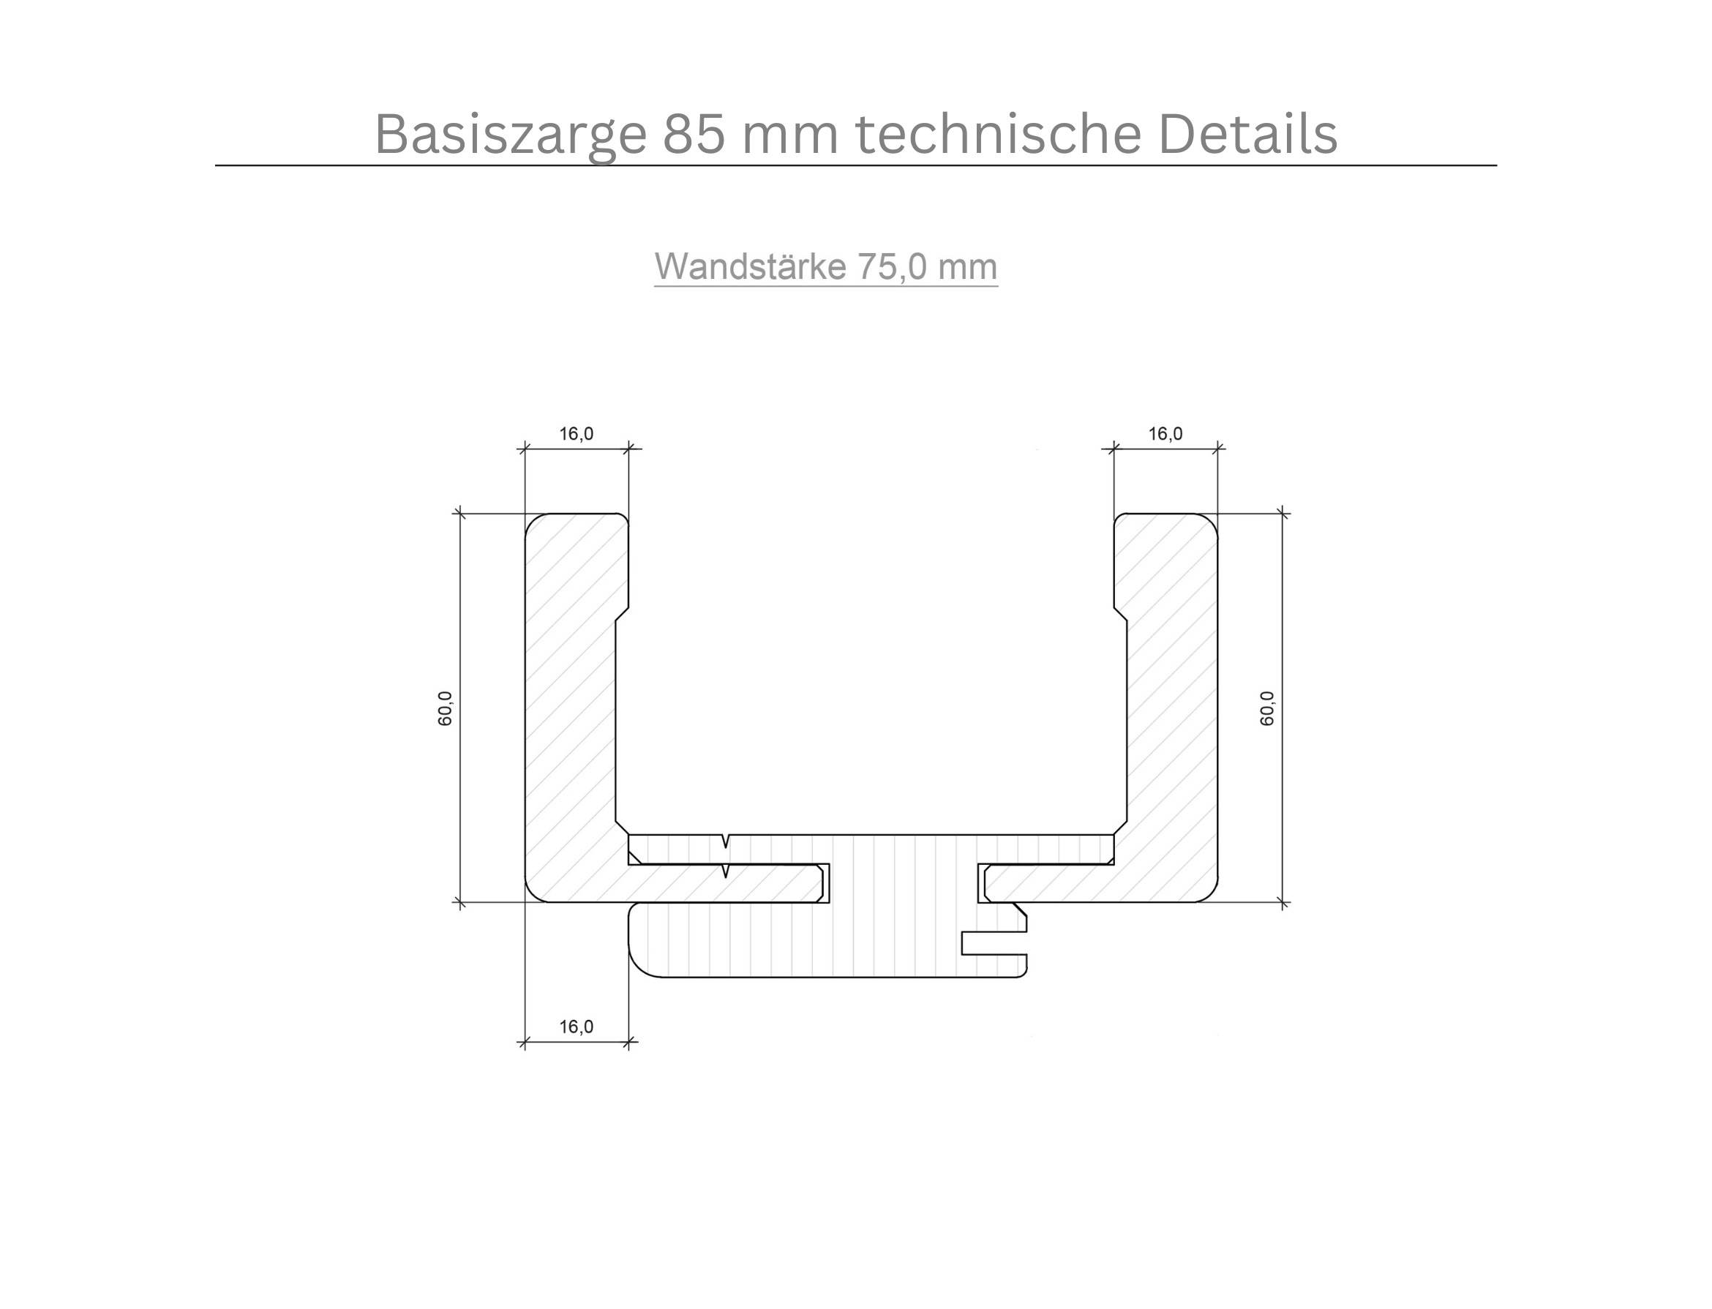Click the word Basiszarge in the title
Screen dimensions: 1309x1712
[510, 134]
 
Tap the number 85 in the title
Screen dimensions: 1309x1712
[694, 134]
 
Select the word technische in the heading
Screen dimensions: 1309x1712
[999, 134]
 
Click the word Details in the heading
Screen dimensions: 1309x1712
[1247, 134]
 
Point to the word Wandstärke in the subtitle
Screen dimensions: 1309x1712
[750, 266]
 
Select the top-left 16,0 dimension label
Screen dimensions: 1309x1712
[576, 434]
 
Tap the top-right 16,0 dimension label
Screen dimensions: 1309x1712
[1165, 434]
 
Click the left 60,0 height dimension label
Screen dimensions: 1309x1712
[445, 708]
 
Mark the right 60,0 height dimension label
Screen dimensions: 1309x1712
[1267, 708]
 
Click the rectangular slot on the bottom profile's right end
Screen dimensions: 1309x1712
[994, 943]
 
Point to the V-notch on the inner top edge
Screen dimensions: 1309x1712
[726, 841]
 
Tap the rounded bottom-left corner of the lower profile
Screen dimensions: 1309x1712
[642, 964]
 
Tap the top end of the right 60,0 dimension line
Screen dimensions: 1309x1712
[1283, 514]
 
